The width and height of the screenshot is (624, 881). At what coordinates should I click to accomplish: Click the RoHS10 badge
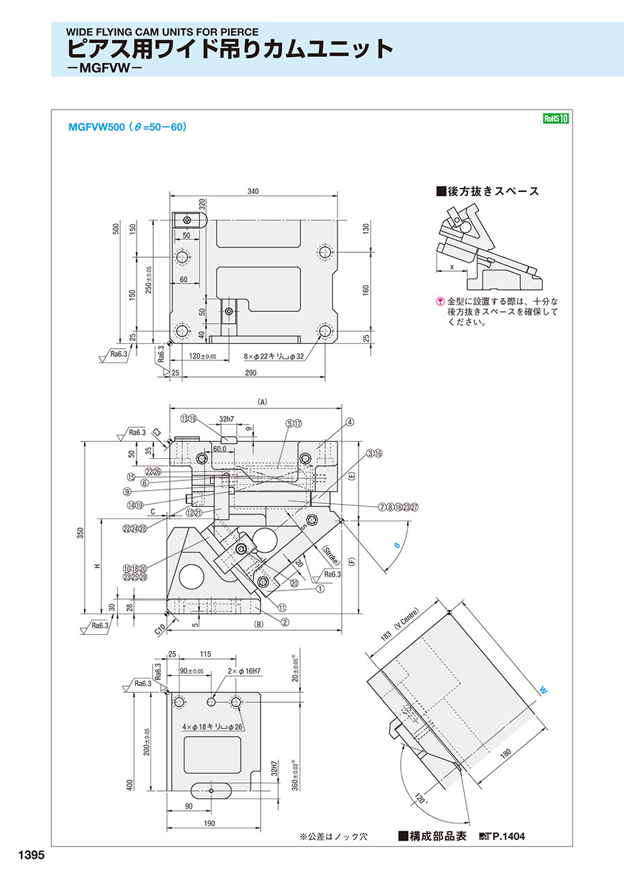click(x=555, y=119)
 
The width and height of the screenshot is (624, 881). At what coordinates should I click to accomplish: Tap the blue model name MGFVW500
click(x=96, y=128)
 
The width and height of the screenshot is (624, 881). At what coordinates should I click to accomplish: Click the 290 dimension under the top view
click(x=250, y=373)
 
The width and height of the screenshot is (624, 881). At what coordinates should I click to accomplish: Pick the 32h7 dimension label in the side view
click(x=227, y=419)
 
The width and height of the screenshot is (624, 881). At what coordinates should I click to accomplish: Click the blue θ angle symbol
click(x=397, y=546)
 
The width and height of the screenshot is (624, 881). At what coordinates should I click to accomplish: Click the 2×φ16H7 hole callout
click(x=245, y=671)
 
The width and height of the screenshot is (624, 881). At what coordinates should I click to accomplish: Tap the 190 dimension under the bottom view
click(x=209, y=823)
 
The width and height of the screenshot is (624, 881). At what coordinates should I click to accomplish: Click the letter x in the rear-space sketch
click(x=451, y=265)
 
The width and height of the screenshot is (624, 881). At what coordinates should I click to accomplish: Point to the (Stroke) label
click(x=330, y=556)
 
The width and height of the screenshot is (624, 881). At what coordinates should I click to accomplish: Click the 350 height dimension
click(x=80, y=533)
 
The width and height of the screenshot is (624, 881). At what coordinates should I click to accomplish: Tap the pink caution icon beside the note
click(x=439, y=302)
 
